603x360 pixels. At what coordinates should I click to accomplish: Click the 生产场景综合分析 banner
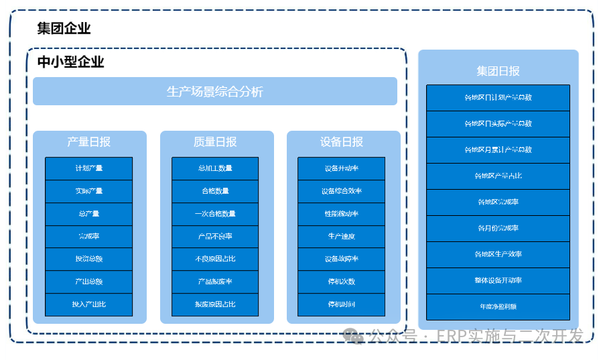pyautogui.click(x=214, y=91)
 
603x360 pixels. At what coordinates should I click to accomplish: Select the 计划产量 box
pyautogui.click(x=88, y=168)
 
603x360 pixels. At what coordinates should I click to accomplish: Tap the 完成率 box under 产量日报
pyautogui.click(x=88, y=237)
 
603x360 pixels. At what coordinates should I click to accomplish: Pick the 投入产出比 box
pyautogui.click(x=88, y=304)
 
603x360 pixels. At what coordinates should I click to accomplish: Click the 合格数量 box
pyautogui.click(x=215, y=191)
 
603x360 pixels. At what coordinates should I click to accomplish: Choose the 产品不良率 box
pyautogui.click(x=215, y=237)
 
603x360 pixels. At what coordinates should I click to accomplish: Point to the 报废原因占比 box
pyautogui.click(x=215, y=304)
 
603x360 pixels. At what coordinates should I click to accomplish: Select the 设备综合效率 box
pyautogui.click(x=342, y=191)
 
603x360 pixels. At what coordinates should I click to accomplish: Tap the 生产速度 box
pyautogui.click(x=342, y=237)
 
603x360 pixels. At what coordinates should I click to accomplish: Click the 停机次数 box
pyautogui.click(x=342, y=282)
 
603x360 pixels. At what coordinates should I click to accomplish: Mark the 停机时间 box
pyautogui.click(x=342, y=304)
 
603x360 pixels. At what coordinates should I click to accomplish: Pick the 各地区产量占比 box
pyautogui.click(x=498, y=176)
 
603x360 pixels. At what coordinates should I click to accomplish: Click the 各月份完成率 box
pyautogui.click(x=498, y=228)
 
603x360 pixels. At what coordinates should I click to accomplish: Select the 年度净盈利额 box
pyautogui.click(x=498, y=306)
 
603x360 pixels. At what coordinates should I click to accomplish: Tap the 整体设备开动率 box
pyautogui.click(x=498, y=280)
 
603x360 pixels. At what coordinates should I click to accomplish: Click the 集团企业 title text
pyautogui.click(x=64, y=28)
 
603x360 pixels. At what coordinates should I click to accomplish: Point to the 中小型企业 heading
pyautogui.click(x=70, y=62)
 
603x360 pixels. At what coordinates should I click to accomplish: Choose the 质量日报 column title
pyautogui.click(x=215, y=141)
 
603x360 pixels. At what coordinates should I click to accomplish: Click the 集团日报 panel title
pyautogui.click(x=498, y=71)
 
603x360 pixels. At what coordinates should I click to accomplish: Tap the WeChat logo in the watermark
pyautogui.click(x=354, y=336)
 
